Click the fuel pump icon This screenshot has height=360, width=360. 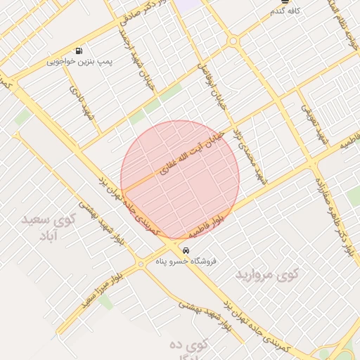[78, 51]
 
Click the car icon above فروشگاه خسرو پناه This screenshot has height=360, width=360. [185, 250]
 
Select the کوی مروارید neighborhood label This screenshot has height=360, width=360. [266, 273]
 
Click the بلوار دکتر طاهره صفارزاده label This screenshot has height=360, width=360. [337, 212]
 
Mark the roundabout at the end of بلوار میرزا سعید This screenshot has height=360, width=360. [141, 264]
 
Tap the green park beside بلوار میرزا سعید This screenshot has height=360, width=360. [105, 301]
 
